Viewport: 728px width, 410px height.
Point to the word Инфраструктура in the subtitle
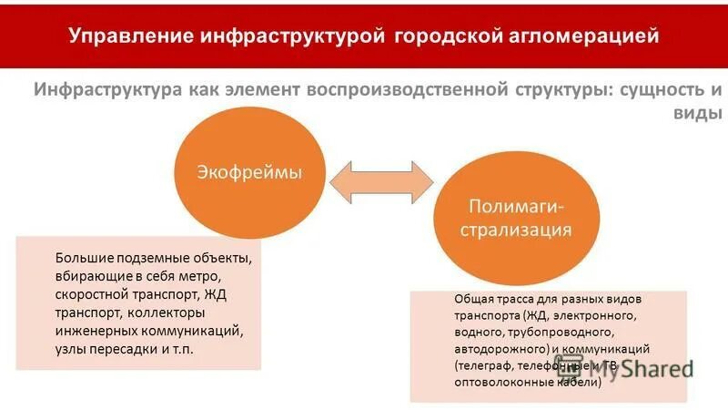(107, 91)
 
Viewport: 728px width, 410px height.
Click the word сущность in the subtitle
(661, 91)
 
